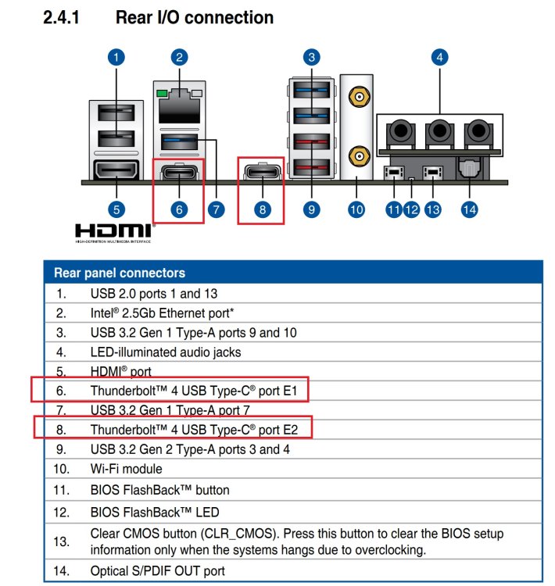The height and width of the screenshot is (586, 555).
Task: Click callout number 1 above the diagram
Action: [x=116, y=58]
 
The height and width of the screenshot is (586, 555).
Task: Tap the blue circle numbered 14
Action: [x=469, y=209]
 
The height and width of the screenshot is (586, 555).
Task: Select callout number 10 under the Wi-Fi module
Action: [x=356, y=209]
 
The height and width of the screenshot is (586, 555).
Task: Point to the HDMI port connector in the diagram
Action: [x=116, y=170]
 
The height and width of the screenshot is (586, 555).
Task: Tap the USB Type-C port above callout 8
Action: [x=262, y=172]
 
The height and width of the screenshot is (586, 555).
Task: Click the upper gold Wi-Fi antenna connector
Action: [x=359, y=97]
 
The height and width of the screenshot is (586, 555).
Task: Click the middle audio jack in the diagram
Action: [x=439, y=133]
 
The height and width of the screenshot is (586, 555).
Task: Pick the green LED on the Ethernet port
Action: [x=162, y=93]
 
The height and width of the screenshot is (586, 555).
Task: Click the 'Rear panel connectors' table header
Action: [x=120, y=273]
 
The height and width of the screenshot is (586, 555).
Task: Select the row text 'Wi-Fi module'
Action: [x=127, y=469]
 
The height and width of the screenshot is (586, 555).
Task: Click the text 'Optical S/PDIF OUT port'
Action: [x=157, y=570]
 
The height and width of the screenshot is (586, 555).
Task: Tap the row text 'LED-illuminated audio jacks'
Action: [x=166, y=352]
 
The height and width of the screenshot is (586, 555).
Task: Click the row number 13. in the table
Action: [x=61, y=541]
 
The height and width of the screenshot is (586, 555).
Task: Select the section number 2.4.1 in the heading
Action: [x=61, y=17]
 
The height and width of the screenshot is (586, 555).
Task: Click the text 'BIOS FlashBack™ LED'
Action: [x=155, y=512]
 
